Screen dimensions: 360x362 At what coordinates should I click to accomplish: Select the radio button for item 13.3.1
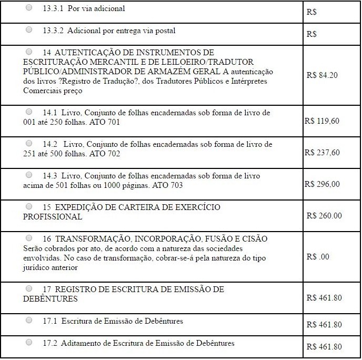(29, 8)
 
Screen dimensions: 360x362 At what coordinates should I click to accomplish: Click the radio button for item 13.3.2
(29, 30)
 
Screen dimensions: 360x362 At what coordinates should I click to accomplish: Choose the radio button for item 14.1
(29, 112)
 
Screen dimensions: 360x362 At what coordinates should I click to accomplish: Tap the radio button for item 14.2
(29, 143)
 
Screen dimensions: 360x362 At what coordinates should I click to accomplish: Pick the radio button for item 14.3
(29, 175)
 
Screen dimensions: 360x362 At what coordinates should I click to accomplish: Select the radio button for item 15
(29, 206)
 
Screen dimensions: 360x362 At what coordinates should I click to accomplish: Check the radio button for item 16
(29, 238)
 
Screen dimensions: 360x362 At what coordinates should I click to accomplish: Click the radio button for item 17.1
(29, 320)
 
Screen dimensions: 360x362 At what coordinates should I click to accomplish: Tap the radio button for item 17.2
(29, 342)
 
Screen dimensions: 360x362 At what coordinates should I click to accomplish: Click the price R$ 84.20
(321, 75)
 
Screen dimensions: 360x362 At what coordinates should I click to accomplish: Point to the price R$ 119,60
(321, 121)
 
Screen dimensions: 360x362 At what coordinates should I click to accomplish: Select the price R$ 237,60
(321, 153)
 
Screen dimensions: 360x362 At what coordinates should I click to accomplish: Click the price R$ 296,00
(321, 184)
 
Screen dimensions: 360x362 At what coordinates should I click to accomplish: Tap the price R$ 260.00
(324, 215)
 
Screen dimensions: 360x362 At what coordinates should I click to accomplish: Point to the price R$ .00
(317, 257)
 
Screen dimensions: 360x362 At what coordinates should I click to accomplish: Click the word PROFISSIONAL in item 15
(53, 217)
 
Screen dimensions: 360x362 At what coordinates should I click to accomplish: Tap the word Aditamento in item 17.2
(79, 343)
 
